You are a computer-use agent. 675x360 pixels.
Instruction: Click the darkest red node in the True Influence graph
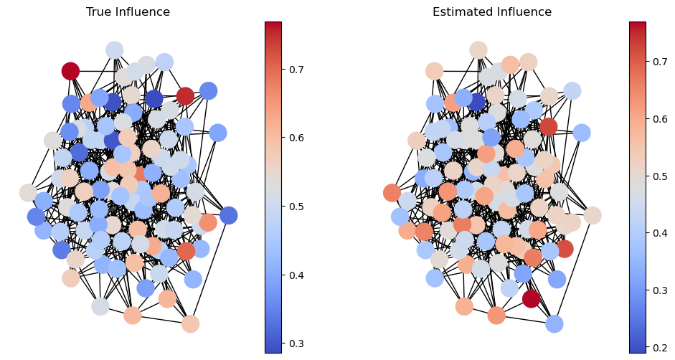pos(70,71)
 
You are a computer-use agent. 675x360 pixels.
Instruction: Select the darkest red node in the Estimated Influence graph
pos(531,298)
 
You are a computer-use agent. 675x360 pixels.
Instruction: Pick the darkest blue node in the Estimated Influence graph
pos(476,102)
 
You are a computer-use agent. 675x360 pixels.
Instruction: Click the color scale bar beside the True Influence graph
pos(273,187)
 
